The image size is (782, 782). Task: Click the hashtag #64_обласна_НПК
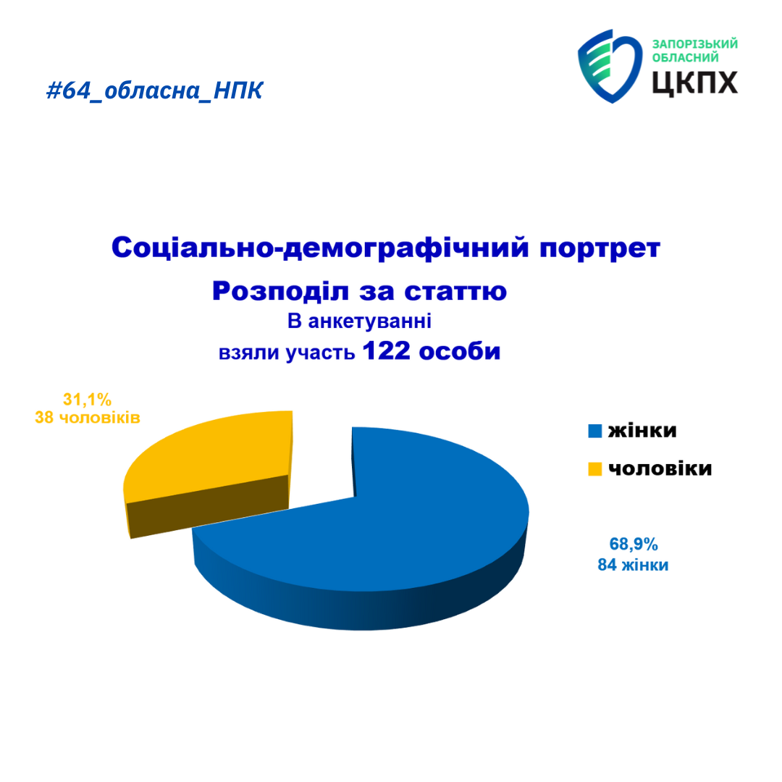[155, 91]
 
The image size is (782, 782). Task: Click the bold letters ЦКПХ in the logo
[694, 83]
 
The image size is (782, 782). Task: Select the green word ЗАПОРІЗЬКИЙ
[694, 44]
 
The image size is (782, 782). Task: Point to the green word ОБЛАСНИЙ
[685, 58]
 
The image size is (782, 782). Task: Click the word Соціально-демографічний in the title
[320, 248]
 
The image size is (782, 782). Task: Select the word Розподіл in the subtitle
[279, 291]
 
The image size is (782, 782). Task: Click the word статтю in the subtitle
[455, 292]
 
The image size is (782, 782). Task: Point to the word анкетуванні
[369, 321]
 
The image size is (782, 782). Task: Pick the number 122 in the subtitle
[386, 350]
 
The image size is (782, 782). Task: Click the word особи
[459, 351]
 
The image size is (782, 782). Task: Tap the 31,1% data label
[88, 400]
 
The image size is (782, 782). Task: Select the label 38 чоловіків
[88, 418]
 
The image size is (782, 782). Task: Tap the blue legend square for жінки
[595, 431]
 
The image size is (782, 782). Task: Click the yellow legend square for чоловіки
[595, 469]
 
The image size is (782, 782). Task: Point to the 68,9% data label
[634, 544]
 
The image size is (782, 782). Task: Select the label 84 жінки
[633, 565]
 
